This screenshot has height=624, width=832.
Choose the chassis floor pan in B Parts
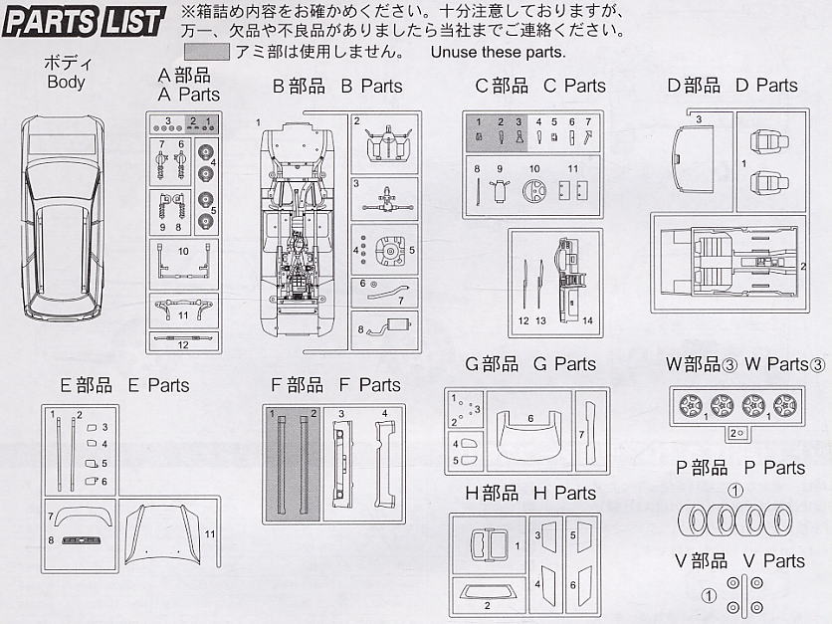(x=299, y=229)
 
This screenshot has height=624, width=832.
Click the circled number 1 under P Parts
(x=735, y=491)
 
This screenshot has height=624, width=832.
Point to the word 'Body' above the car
(x=66, y=83)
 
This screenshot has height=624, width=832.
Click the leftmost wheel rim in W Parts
(x=690, y=407)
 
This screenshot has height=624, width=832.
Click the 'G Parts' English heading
(x=564, y=364)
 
